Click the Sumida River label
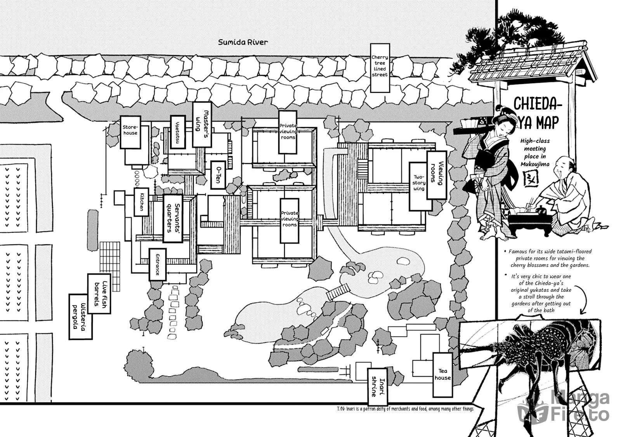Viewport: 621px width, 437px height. click(x=243, y=42)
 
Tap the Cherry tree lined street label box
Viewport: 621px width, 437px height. click(x=380, y=68)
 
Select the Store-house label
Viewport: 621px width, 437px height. click(x=130, y=132)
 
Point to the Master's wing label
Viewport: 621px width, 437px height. click(x=202, y=124)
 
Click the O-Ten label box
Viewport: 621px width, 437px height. click(x=218, y=175)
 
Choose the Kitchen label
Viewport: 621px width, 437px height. click(x=141, y=202)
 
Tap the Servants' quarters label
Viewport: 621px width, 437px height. click(x=173, y=218)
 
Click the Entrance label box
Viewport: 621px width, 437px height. click(x=158, y=265)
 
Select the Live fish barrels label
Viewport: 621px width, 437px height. click(x=99, y=294)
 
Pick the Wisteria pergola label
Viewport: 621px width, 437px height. click(x=81, y=316)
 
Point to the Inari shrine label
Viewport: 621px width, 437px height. click(x=377, y=387)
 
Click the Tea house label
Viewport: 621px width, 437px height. click(x=442, y=374)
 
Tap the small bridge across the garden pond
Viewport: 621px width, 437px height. click(x=338, y=292)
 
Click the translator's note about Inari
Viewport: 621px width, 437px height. click(x=405, y=409)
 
